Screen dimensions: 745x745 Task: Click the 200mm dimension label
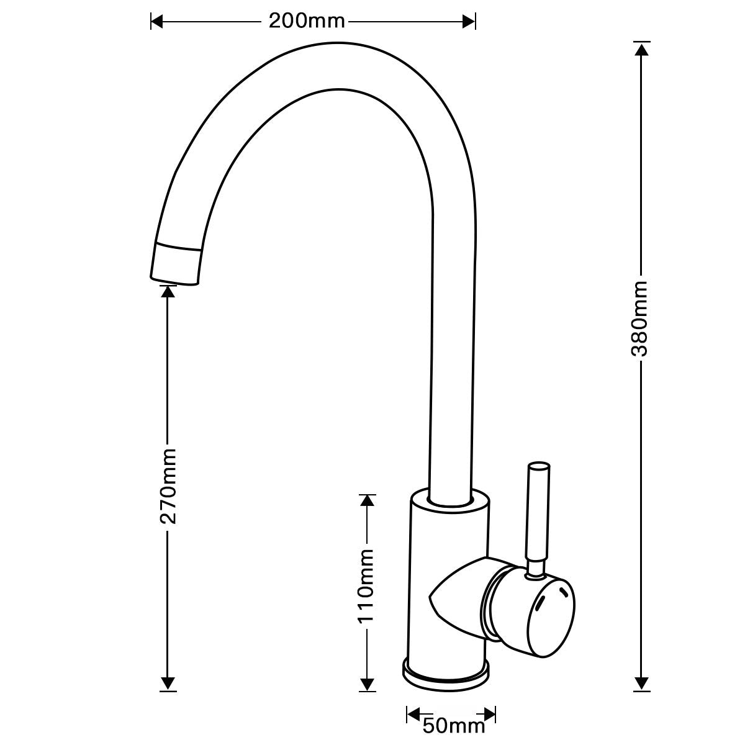tap(306, 22)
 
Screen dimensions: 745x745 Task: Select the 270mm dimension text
tap(168, 485)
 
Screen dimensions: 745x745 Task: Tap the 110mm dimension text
tap(368, 586)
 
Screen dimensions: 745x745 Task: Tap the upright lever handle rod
tap(536, 515)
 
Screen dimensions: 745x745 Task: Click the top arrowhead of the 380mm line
tap(642, 48)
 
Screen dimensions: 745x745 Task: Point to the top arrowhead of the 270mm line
tap(167, 291)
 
